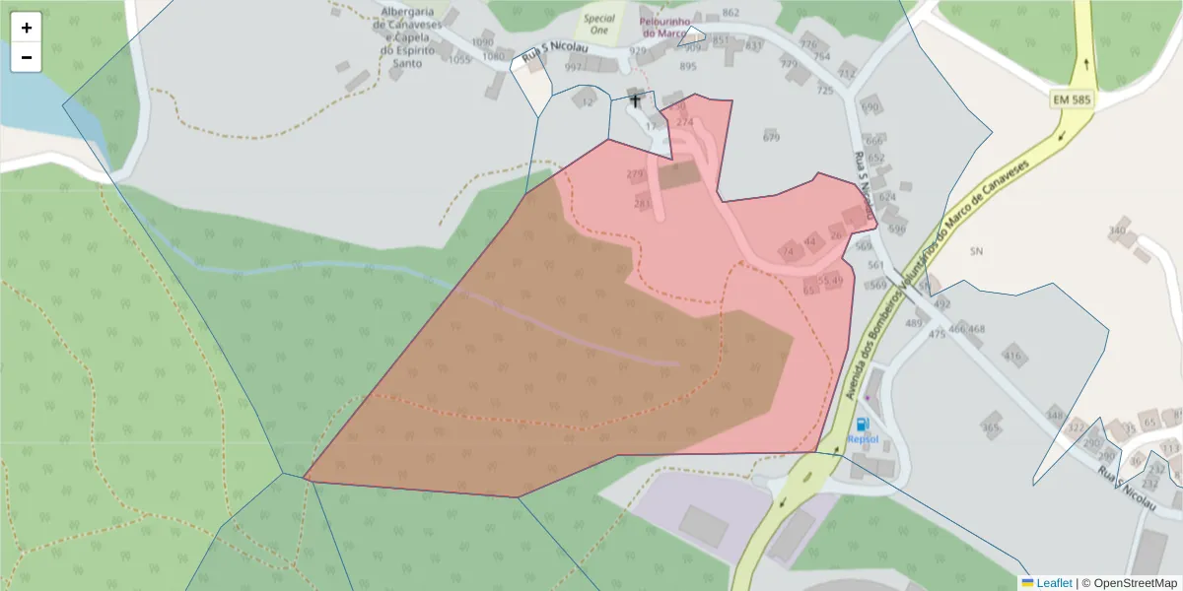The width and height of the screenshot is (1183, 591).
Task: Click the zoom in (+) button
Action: point(27,28)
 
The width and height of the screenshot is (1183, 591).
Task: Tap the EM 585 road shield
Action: point(1071,100)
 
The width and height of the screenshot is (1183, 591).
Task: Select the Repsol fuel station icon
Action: point(863,424)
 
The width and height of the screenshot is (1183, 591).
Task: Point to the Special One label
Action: point(598,24)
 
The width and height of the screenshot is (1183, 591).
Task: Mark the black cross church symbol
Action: point(635,100)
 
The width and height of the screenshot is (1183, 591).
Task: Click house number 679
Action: point(771,137)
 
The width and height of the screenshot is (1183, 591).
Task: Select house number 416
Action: point(1012,356)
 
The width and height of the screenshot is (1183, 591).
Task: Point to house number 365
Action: point(991,427)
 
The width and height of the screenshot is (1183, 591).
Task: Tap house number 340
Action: point(1117,230)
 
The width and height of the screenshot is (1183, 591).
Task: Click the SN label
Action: point(976,251)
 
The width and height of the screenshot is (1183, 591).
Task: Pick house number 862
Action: point(731,13)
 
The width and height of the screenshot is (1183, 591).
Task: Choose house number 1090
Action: point(482,42)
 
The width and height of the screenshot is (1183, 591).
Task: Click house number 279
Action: point(635,174)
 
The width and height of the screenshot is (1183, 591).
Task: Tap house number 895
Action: point(688,66)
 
